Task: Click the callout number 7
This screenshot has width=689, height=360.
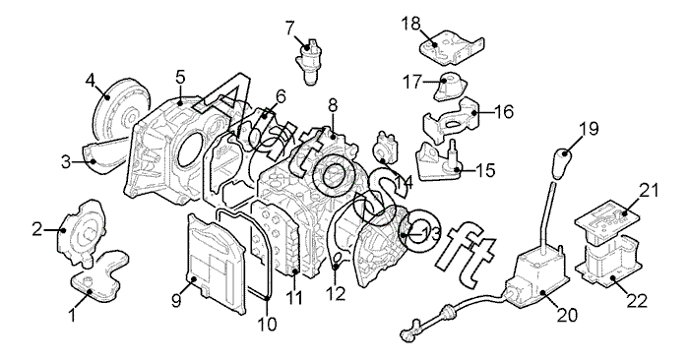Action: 289,29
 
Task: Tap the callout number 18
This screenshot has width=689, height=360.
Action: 410,24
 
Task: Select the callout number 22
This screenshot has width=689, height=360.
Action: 637,301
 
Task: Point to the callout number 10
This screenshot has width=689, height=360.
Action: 267,324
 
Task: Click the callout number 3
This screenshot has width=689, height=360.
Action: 66,162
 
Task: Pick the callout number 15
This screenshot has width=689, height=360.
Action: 484,170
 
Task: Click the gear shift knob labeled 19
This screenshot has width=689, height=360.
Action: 562,163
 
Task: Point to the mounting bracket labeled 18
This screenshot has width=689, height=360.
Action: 453,46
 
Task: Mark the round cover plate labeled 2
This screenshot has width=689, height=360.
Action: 82,232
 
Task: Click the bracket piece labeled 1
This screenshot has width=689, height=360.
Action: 100,276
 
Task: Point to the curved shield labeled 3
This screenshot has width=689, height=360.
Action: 104,153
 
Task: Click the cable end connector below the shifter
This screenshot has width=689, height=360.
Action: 407,333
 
